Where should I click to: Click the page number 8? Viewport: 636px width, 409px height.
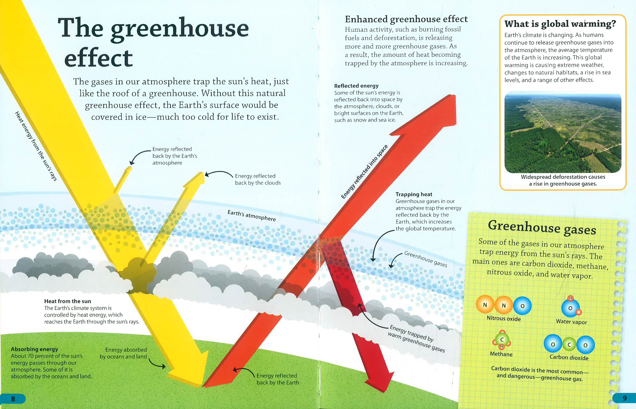pos(13,399)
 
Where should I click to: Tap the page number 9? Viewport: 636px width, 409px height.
pos(625,398)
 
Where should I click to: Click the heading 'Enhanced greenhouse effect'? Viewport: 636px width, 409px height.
pos(406,19)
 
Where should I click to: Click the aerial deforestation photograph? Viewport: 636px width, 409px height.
pos(563,132)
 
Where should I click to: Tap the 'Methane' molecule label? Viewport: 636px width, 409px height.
pos(501,354)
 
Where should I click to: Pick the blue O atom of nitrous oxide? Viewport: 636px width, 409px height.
pos(522,306)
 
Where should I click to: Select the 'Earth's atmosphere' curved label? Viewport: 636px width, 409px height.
pos(252,216)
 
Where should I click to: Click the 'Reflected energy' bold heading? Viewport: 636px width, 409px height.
pos(356,86)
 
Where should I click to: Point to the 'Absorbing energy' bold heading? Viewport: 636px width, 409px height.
pos(34,349)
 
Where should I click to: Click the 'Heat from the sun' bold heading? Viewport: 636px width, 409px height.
pos(67,301)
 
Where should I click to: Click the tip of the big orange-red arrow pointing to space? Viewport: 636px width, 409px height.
pos(455,96)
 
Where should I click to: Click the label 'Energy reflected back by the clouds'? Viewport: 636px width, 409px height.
pos(258,179)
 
